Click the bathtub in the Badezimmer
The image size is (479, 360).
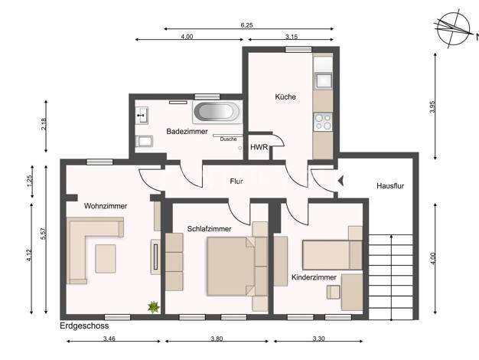[x=217, y=112]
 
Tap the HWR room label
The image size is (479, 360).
[x=259, y=147]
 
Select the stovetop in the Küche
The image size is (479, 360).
[x=323, y=122]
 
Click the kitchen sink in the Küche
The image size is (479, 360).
[x=323, y=80]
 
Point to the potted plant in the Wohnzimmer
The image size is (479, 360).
[x=154, y=306]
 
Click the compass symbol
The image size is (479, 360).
[x=453, y=29]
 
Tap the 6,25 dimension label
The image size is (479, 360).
[x=247, y=25]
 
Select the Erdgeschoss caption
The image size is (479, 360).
[x=84, y=326]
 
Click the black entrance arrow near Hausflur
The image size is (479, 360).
[x=341, y=181]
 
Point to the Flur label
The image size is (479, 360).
[x=236, y=182]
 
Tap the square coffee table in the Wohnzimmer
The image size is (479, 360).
[x=106, y=258]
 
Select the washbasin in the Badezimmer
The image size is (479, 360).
[x=142, y=116]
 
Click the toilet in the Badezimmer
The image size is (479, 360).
[x=144, y=141]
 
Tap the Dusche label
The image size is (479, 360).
[x=229, y=139]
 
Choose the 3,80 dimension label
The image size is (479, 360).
[x=217, y=339]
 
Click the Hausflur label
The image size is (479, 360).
[x=390, y=186]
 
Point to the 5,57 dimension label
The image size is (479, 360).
[x=44, y=234]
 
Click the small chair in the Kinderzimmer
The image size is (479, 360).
[x=334, y=292]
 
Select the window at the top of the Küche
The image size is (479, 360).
[x=298, y=49]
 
